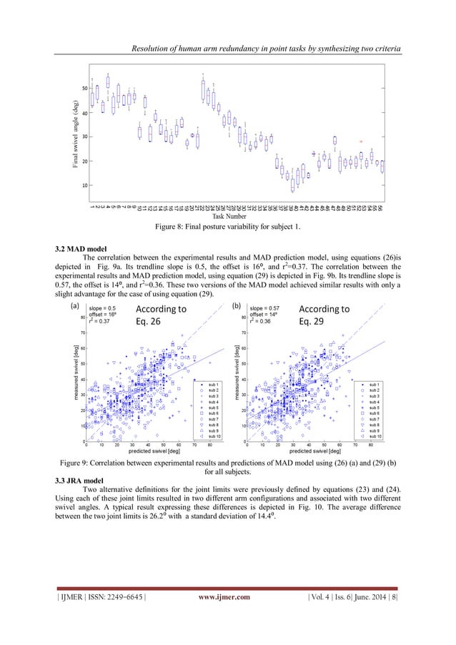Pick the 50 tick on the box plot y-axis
(84, 88)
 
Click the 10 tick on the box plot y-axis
(84, 185)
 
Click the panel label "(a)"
(73, 306)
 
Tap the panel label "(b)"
(237, 306)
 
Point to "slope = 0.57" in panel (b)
(266, 308)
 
